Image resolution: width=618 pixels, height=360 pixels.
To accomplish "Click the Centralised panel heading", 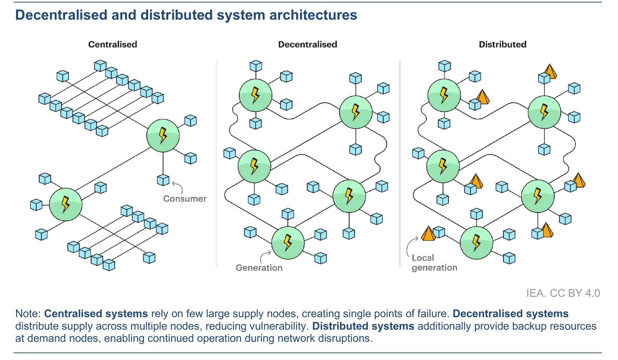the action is (113, 44).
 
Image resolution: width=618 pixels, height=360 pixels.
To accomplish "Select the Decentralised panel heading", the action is (308, 44).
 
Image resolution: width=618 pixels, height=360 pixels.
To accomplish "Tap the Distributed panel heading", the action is (503, 44).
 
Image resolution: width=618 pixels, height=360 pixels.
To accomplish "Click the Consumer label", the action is (185, 199).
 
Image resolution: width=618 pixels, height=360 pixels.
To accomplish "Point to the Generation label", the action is (259, 267).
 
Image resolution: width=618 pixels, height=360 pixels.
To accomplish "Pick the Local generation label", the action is (434, 262).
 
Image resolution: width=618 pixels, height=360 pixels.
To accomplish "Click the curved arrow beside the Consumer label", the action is (178, 187).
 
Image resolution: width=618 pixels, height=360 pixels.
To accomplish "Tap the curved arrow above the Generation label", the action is (265, 256).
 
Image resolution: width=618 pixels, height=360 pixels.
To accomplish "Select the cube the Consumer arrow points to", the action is (163, 180).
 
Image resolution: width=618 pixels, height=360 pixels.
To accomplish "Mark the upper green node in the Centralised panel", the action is (163, 136).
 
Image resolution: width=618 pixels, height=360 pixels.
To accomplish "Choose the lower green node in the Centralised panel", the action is (66, 204).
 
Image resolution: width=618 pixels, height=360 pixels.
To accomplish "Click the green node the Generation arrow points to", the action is (288, 243).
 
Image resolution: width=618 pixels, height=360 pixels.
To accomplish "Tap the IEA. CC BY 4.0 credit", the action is (563, 293).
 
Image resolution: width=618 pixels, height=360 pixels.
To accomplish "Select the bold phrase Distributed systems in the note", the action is (363, 326).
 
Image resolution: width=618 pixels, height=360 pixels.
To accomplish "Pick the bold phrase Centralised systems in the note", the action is (96, 314).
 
